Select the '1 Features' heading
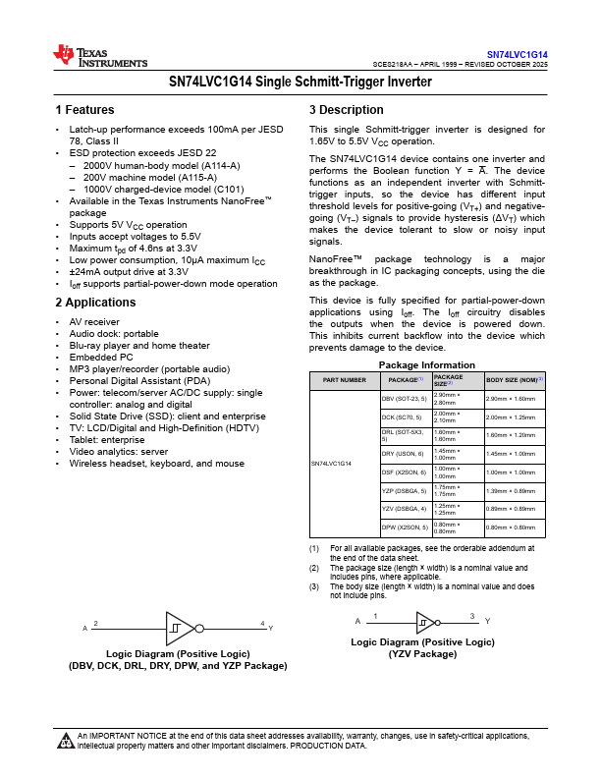(84, 110)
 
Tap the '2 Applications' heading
(95, 303)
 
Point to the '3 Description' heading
(347, 110)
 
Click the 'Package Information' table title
(427, 364)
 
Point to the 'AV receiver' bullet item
(94, 321)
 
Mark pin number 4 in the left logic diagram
(262, 623)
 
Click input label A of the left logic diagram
(84, 628)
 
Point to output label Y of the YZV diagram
(487, 621)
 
